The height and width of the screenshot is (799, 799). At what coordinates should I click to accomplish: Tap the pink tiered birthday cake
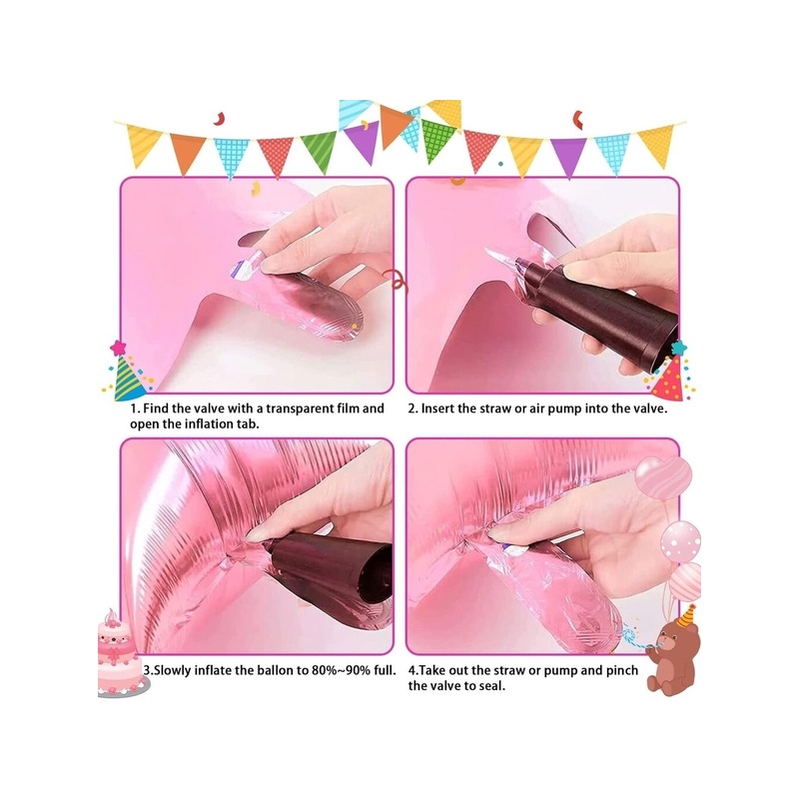120,655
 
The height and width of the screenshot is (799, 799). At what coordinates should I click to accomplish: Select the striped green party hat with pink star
127,371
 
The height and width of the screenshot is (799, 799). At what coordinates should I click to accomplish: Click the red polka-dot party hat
670,371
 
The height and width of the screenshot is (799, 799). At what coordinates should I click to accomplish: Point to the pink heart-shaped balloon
663,477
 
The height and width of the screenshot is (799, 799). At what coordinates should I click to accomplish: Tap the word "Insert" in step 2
437,408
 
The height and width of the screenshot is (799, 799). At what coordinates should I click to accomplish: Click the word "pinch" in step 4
621,670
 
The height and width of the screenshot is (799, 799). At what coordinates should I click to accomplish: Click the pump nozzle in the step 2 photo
523,266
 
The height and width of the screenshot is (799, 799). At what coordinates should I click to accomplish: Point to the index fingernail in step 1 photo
273,265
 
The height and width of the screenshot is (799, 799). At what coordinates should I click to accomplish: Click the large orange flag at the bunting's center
394,126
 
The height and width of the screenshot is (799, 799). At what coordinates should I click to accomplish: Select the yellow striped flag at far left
143,144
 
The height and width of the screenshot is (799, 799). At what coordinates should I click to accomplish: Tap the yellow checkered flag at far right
657,144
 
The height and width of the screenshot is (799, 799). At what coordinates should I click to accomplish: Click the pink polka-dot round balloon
681,541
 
